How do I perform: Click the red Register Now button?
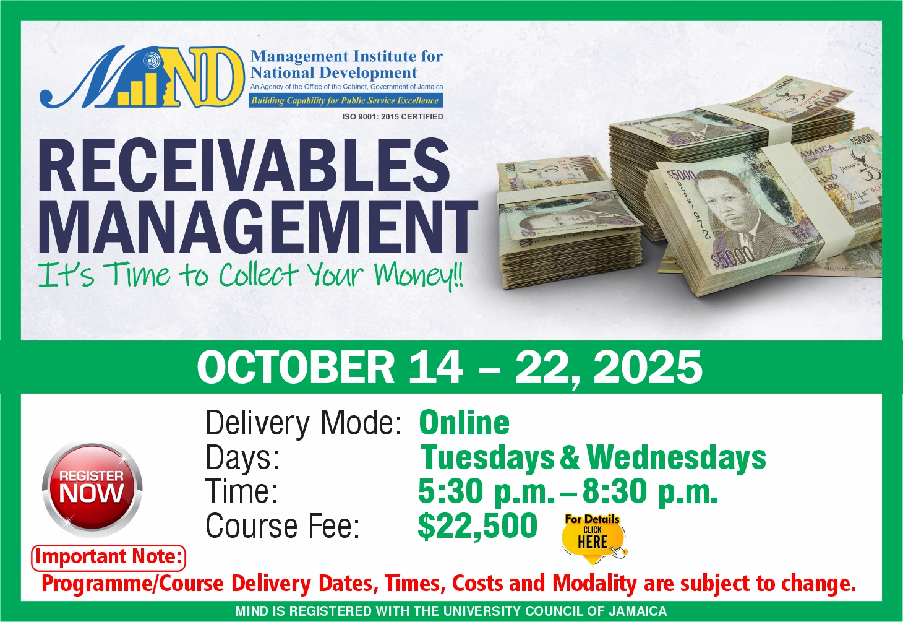92,488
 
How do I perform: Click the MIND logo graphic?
142,77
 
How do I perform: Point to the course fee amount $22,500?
477,526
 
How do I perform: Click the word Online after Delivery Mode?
464,422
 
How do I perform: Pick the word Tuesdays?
487,458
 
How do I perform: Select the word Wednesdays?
676,458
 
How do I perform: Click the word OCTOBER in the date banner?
296,368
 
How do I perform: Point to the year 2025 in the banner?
648,368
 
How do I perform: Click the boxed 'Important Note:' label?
108,558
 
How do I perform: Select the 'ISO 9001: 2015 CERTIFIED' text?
393,117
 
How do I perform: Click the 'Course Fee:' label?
283,526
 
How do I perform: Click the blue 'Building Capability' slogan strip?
346,100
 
